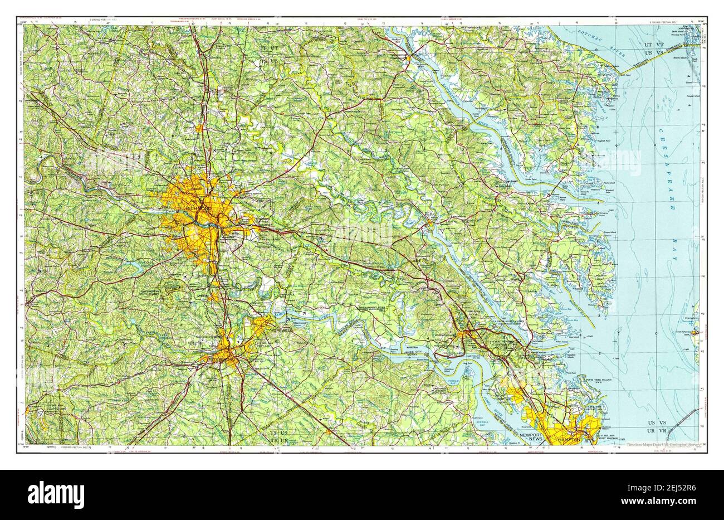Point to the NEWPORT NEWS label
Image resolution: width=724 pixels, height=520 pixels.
coord(531,436)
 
